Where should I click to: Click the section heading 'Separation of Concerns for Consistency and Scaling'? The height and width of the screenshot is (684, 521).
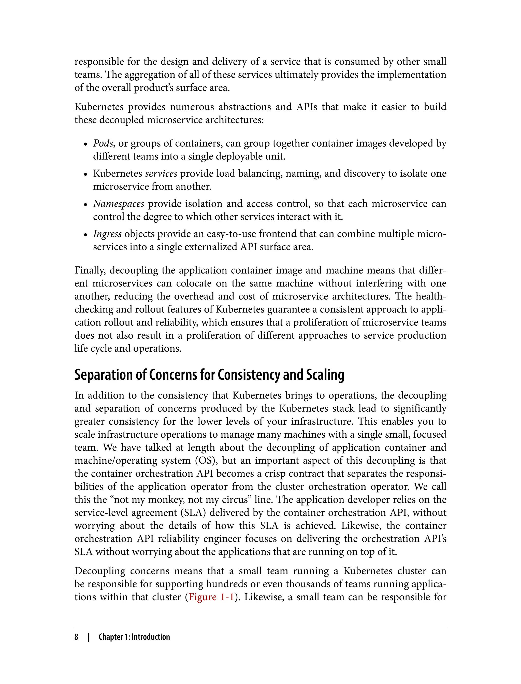[x=209, y=375]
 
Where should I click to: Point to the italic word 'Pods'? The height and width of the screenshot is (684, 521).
[x=103, y=143]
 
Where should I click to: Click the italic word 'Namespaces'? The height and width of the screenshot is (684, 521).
[x=119, y=204]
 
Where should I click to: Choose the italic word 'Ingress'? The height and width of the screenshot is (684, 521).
[x=107, y=234]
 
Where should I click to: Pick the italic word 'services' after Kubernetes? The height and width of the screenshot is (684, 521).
[x=161, y=173]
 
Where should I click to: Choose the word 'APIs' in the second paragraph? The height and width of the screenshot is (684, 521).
[x=306, y=107]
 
